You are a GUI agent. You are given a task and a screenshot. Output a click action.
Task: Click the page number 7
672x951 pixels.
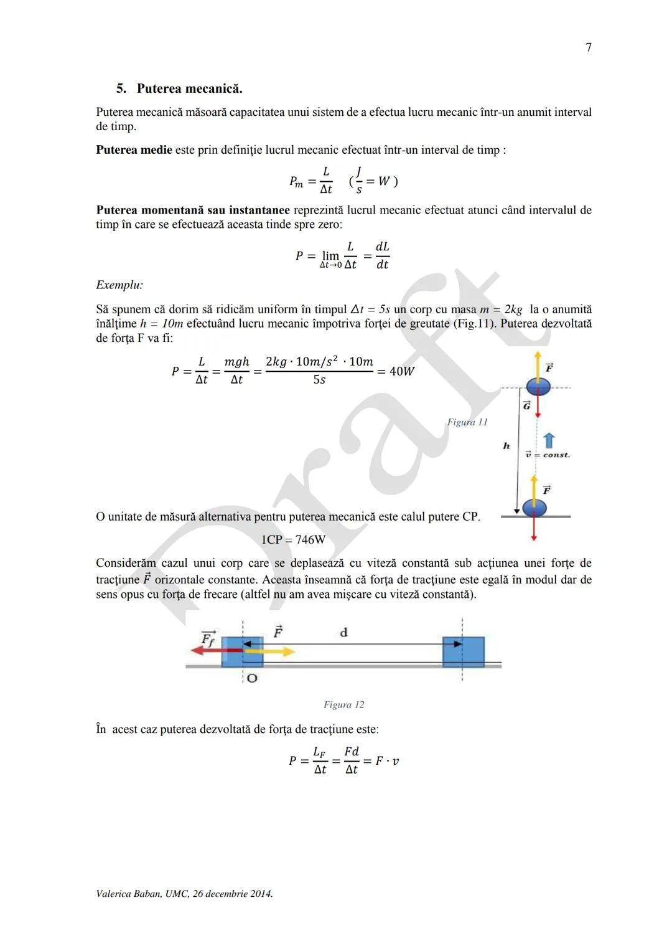click(589, 47)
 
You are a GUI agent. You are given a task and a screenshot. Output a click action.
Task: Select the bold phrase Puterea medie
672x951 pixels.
click(134, 150)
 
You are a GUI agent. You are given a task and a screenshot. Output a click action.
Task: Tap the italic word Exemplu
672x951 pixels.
click(119, 285)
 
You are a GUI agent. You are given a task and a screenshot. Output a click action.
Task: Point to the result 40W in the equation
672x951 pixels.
click(402, 371)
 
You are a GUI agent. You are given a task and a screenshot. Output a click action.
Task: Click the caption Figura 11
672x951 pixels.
click(467, 422)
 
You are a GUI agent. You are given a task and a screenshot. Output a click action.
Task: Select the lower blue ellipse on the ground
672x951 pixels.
click(534, 508)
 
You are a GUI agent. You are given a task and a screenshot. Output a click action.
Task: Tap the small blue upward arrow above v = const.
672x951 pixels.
click(549, 441)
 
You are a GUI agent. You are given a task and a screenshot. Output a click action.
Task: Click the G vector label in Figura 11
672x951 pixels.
click(526, 405)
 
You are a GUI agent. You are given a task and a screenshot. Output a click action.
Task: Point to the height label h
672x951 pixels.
click(506, 446)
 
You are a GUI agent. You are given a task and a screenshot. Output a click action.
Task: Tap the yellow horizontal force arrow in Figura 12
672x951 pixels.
click(271, 651)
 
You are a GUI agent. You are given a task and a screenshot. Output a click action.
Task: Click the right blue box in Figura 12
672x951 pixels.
click(463, 651)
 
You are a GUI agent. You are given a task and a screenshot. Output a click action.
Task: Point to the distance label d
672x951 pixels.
click(343, 633)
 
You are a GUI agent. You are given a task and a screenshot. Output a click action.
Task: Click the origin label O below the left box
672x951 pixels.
click(252, 678)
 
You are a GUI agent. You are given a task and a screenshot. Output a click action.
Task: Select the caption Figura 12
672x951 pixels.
click(343, 705)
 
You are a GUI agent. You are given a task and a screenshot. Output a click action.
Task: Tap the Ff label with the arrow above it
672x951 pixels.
click(208, 638)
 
